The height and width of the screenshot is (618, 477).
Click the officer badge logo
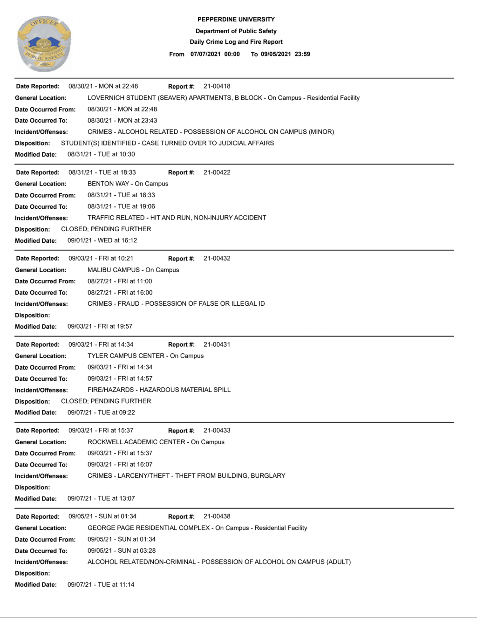[x=44, y=43]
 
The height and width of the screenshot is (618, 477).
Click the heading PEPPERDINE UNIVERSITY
[x=236, y=20]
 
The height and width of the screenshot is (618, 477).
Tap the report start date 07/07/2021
[x=205, y=54]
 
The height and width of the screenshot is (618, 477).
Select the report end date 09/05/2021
[x=276, y=54]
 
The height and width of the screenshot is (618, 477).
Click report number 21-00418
[x=217, y=86]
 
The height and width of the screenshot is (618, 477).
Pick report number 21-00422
[x=217, y=172]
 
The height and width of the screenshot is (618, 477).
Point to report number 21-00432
[x=217, y=258]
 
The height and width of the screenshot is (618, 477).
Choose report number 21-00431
[x=217, y=344]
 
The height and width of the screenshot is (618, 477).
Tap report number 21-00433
[x=217, y=430]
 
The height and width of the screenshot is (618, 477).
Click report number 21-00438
[x=217, y=516]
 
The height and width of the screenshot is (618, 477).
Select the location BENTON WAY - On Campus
[x=128, y=184]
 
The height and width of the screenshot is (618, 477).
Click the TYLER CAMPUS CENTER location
[x=145, y=356]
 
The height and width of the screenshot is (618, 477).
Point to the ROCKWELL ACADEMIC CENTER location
[x=156, y=442]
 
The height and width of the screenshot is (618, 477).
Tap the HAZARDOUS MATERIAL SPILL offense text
[x=159, y=390]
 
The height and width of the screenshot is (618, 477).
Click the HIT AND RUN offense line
[x=177, y=218]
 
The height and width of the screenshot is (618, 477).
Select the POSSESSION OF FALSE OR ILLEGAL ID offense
[x=176, y=303]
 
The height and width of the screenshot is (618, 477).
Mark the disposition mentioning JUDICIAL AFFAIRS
[x=167, y=143]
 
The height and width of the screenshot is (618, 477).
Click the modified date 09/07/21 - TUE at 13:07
[x=101, y=498]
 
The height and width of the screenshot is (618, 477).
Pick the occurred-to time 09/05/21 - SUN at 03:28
[x=122, y=550]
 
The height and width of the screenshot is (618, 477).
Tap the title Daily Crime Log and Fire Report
[x=236, y=42]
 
